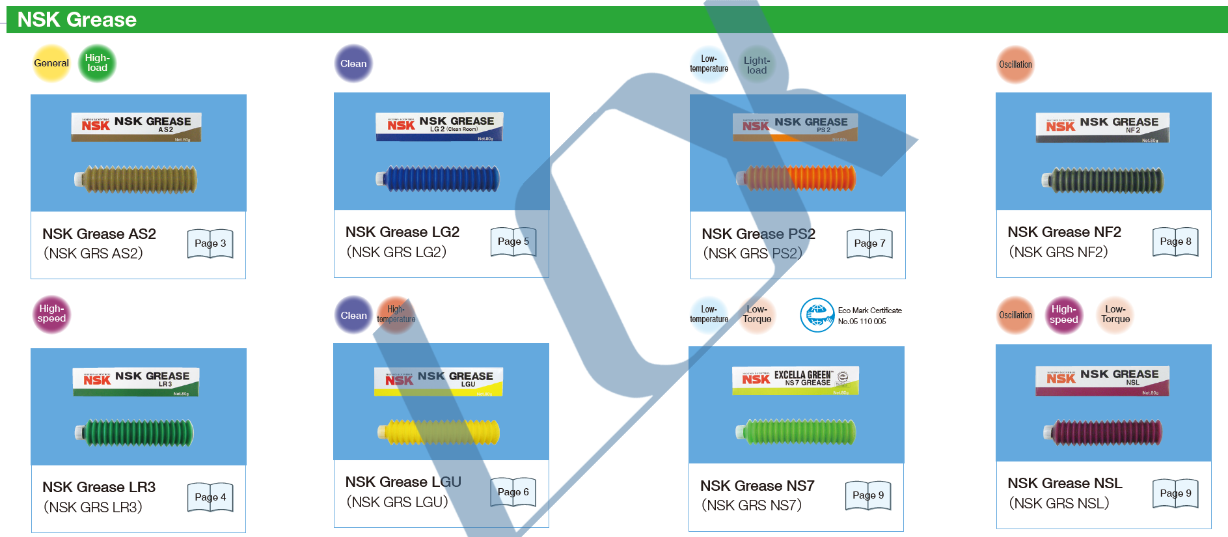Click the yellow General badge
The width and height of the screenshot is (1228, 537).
(x=51, y=63)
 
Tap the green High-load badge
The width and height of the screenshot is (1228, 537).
(x=97, y=63)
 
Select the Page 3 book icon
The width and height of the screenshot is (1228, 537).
(x=210, y=243)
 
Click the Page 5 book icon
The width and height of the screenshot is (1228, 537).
(x=513, y=241)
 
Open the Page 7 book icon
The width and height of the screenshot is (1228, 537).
(x=869, y=243)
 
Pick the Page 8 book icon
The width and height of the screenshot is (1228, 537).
(x=1175, y=241)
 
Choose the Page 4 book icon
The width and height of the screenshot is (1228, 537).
(x=210, y=497)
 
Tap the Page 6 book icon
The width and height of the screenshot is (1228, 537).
(x=513, y=492)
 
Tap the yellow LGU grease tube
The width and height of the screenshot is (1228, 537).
(x=439, y=432)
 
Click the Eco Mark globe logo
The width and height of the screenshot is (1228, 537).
(x=817, y=315)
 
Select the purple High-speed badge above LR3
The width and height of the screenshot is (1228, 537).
(x=51, y=314)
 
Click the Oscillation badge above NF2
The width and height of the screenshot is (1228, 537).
(x=1015, y=64)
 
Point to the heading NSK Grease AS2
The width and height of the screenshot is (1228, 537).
(x=99, y=234)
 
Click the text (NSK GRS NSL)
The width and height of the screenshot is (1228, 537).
(x=1059, y=503)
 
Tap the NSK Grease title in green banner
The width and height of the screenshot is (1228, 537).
(x=77, y=20)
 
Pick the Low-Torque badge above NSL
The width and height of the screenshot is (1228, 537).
(x=1115, y=315)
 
